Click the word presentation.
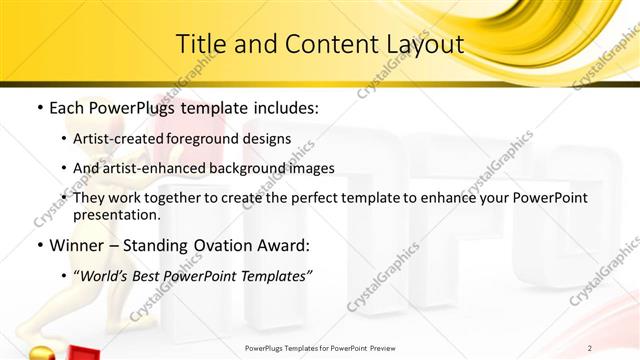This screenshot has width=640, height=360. pyautogui.click(x=117, y=214)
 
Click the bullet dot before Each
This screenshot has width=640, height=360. pyautogui.click(x=38, y=106)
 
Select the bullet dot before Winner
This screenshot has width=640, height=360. pyautogui.click(x=38, y=246)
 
